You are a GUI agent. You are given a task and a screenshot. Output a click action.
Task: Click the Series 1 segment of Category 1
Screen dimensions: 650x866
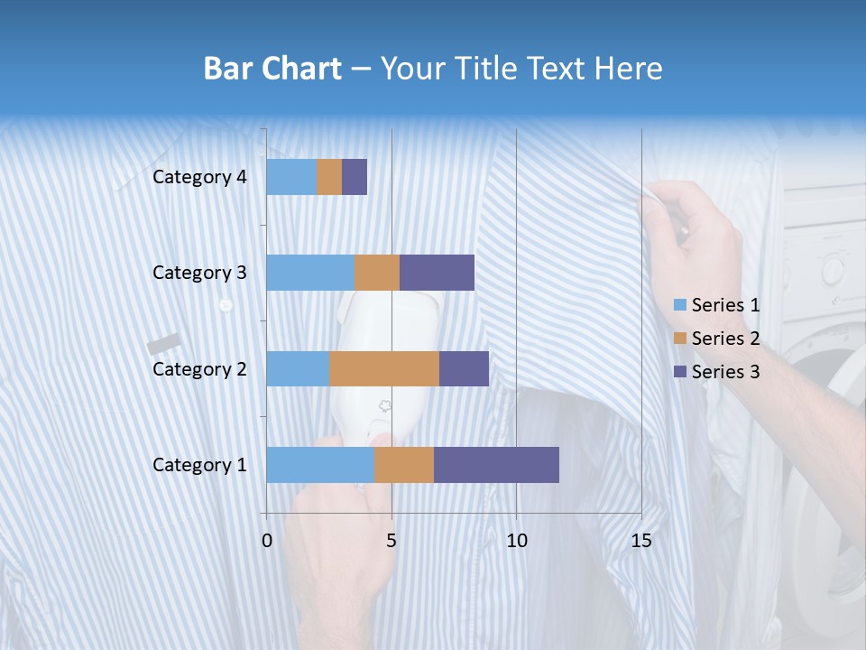point(320,464)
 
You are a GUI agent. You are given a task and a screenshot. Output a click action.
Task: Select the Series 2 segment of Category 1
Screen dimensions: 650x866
point(404,464)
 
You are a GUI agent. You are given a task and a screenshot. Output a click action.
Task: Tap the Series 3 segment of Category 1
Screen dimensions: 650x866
point(496,464)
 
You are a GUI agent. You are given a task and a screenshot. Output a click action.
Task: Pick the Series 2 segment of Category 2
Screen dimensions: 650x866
point(384,368)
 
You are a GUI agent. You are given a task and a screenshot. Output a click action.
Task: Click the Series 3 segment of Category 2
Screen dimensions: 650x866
point(464,368)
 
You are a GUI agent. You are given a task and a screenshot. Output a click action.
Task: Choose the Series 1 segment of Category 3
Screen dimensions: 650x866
point(310,273)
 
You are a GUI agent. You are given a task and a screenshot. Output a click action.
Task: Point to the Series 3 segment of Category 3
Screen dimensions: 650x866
point(437,273)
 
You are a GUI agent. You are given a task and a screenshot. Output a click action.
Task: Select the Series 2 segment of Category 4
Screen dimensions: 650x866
point(329,177)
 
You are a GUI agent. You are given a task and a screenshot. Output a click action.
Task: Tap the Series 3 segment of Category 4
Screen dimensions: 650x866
point(355,177)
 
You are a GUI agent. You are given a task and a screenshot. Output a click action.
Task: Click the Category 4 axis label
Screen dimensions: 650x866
point(199,177)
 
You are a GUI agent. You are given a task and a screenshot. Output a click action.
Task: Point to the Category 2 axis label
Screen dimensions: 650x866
point(199,368)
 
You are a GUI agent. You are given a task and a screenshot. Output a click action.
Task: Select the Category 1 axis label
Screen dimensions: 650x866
point(199,465)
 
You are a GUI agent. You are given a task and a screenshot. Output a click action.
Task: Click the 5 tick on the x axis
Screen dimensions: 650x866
point(392,541)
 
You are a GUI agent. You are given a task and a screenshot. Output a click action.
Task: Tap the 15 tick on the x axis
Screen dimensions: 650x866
point(640,541)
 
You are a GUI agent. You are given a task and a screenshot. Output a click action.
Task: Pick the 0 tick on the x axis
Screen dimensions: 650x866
point(267,541)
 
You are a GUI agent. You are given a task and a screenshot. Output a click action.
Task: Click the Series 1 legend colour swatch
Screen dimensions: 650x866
point(679,305)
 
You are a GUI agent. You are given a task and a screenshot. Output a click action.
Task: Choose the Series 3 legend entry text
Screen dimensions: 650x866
point(725,372)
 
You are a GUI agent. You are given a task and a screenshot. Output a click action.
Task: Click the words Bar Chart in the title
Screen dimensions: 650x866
point(272,69)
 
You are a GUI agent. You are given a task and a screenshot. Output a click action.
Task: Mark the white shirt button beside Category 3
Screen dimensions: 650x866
point(226,305)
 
